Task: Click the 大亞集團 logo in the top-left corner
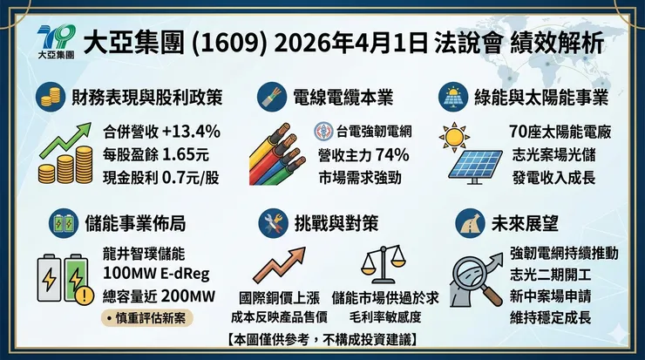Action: click(57, 42)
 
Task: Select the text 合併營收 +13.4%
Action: click(161, 132)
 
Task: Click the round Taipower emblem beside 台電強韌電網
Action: click(324, 132)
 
